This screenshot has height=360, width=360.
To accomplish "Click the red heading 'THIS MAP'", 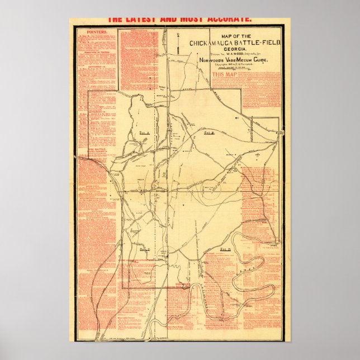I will pyautogui.click(x=224, y=73).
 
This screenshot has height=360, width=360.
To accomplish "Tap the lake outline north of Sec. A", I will pyautogui.click(x=136, y=109).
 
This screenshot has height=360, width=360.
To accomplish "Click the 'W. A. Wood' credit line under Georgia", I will pyautogui.click(x=232, y=54).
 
